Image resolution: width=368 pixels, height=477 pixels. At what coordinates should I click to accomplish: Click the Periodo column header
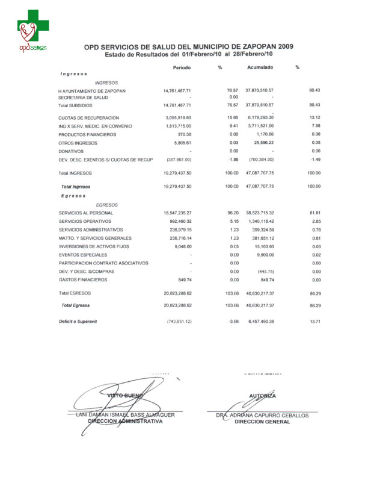[x=182, y=67]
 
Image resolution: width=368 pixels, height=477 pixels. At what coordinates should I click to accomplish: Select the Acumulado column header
[x=260, y=67]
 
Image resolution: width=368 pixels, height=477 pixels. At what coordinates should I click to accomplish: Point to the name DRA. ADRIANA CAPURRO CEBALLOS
[x=262, y=415]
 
